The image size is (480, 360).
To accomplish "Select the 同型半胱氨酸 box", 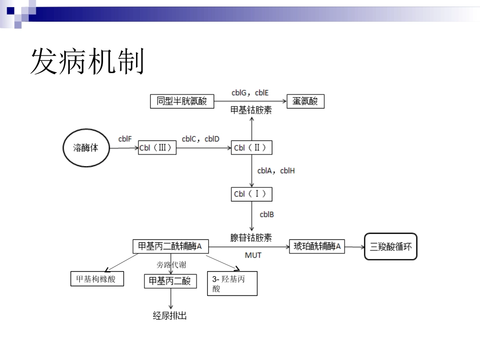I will point(182,101).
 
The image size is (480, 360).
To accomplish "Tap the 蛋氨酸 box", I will point(305,101).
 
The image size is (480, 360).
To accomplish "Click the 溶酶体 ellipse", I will point(85,148).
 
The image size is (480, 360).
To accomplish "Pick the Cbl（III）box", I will point(157,148).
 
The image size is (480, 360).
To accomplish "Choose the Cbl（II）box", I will point(252,148).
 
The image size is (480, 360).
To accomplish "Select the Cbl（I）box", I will point(252,194).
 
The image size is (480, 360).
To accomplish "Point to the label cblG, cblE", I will point(250,93).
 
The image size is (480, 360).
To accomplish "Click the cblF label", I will point(125,139).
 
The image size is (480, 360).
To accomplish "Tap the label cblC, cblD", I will point(201,139).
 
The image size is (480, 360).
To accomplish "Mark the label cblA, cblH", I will point(276,171).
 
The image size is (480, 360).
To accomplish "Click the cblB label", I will point(267,215).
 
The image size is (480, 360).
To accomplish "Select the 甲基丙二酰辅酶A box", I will point(170,246).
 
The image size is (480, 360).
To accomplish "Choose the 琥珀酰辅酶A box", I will point(317,246).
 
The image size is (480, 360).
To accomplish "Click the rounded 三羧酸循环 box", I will point(391,246).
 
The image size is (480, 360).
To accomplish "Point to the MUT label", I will point(253,255).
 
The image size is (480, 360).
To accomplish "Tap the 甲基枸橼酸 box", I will point(96,278).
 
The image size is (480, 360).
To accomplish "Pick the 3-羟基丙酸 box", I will point(232,284).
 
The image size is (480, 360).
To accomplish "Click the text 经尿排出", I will point(170,316).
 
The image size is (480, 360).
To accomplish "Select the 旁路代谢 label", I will point(171,265).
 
